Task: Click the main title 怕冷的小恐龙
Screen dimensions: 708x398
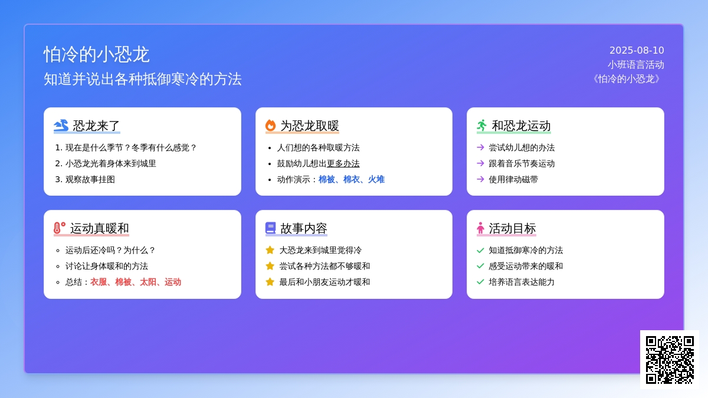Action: pos(96,54)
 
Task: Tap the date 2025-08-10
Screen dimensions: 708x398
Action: pos(637,50)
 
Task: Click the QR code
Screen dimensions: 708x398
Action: pos(670,360)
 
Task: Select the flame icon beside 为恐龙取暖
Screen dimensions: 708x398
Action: pos(270,126)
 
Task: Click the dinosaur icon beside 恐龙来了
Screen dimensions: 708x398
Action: pos(61,126)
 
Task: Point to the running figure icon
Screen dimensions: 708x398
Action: pos(481,126)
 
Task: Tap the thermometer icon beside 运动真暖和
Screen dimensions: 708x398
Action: pos(60,228)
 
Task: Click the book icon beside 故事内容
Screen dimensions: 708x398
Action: pos(270,228)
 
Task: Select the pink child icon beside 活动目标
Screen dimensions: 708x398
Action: pos(480,228)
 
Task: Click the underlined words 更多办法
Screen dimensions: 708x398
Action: pos(343,163)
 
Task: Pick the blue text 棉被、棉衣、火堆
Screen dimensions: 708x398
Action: pos(352,179)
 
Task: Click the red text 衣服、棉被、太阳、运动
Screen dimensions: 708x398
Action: pos(136,282)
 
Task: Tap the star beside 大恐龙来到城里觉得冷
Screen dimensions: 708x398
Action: pos(270,250)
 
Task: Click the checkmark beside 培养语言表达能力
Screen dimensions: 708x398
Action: pos(480,282)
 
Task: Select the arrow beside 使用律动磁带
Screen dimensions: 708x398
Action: pos(480,179)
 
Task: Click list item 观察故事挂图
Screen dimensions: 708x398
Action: pos(90,179)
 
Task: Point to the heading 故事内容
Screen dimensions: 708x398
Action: pos(303,228)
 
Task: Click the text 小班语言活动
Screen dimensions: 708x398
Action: pos(635,65)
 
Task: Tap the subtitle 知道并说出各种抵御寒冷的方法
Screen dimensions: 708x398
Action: pos(143,79)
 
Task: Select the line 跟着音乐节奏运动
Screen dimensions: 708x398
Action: pos(522,163)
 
